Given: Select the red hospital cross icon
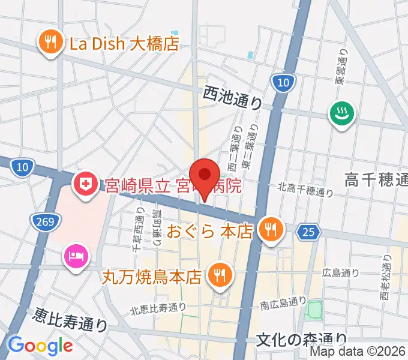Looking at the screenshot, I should pyautogui.click(x=85, y=183).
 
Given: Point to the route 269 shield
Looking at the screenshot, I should pyautogui.click(x=49, y=222).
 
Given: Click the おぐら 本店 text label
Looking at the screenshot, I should pyautogui.click(x=209, y=231).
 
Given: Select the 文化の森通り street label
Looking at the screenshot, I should pyautogui.click(x=301, y=340).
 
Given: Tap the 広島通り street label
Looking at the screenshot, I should pyautogui.click(x=341, y=273).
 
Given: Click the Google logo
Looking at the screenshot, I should pyautogui.click(x=40, y=345).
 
